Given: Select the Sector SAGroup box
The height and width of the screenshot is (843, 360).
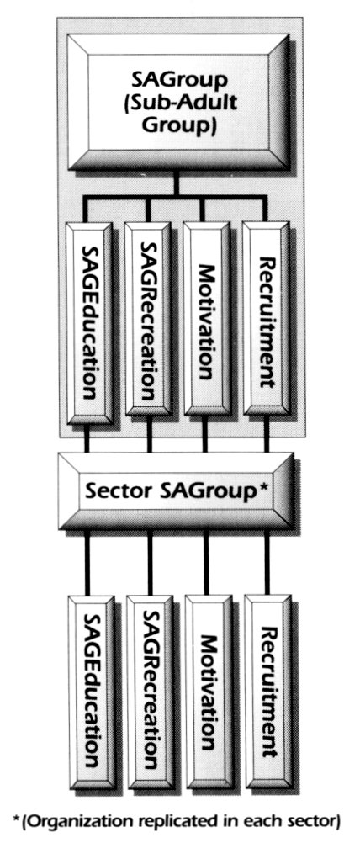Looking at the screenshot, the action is pyautogui.click(x=176, y=490).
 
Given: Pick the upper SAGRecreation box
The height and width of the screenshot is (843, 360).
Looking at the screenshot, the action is pyautogui.click(x=148, y=319).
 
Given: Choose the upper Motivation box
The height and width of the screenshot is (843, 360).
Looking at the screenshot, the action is pyautogui.click(x=206, y=319).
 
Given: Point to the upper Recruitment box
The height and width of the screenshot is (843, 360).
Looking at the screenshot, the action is pyautogui.click(x=266, y=319).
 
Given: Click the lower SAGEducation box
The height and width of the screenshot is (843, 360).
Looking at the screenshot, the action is pyautogui.click(x=92, y=692).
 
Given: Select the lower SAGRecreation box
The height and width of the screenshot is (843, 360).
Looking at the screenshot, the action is pyautogui.click(x=150, y=692).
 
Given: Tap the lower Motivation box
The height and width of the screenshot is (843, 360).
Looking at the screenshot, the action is pyautogui.click(x=209, y=692).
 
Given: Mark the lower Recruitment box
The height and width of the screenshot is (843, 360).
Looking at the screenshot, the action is pyautogui.click(x=268, y=692).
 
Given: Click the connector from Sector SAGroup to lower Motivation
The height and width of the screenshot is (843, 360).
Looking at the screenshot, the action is pyautogui.click(x=206, y=563).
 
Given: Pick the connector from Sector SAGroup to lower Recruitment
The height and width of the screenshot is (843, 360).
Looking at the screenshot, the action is pyautogui.click(x=267, y=563).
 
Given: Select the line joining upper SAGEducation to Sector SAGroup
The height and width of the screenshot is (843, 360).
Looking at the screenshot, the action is pyautogui.click(x=87, y=438).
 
